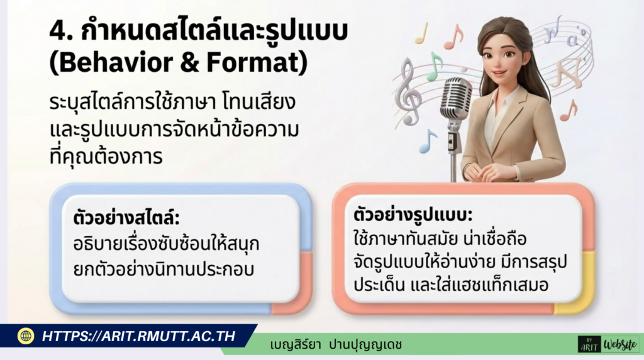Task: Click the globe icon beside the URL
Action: coord(25,335)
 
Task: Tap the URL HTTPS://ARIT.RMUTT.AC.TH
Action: coord(139,336)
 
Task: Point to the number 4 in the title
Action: coord(58,31)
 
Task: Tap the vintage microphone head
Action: coord(456,98)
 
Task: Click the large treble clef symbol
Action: coord(408,91)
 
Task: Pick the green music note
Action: coord(434,65)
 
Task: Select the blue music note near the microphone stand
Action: coord(428,142)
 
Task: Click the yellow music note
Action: coord(422,33)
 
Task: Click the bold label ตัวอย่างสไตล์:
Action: coord(126,217)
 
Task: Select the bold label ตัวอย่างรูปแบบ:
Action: coord(413,215)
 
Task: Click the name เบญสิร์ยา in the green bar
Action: coord(296,344)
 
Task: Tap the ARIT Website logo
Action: coord(608,344)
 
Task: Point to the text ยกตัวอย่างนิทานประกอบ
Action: coord(164,269)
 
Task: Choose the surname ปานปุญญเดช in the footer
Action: coord(365,344)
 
